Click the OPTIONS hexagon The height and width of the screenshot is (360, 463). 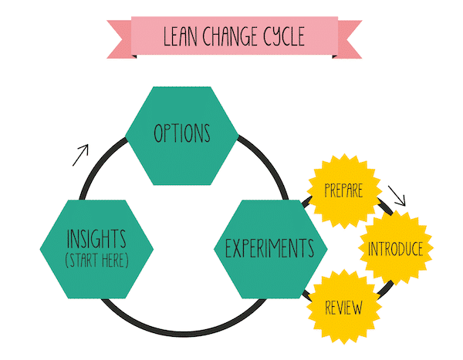click(x=182, y=136)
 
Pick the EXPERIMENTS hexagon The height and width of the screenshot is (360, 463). click(x=269, y=249)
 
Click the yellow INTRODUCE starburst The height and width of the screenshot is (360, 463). click(x=394, y=249)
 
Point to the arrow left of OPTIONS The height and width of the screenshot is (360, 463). click(x=80, y=155)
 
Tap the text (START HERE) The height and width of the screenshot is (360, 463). click(x=96, y=261)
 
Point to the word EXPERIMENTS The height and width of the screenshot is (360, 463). click(x=269, y=249)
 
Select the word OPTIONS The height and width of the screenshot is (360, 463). click(x=182, y=134)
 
